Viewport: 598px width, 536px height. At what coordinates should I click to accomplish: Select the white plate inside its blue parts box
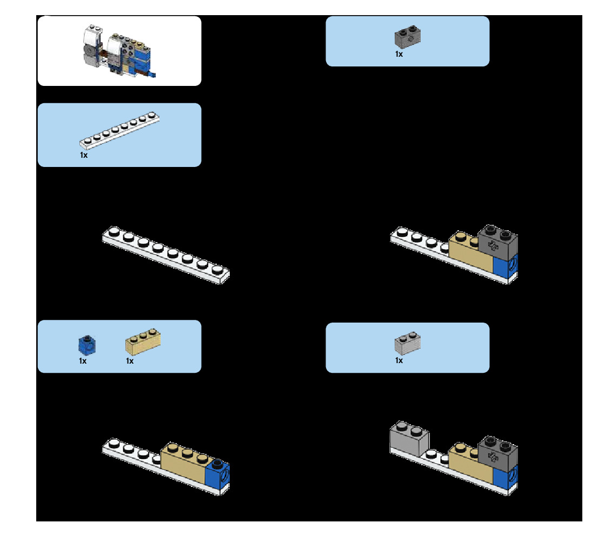(x=119, y=131)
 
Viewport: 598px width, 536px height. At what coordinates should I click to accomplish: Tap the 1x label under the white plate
(x=84, y=155)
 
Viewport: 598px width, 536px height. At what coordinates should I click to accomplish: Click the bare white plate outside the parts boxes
(x=166, y=254)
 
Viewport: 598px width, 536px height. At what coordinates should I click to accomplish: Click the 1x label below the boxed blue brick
(x=83, y=361)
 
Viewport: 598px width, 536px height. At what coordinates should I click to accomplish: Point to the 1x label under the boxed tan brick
(x=130, y=361)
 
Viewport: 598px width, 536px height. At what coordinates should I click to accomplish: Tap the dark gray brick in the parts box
(x=408, y=36)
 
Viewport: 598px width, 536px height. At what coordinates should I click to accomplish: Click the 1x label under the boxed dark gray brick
(x=399, y=54)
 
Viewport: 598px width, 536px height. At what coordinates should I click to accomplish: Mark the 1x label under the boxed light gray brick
(x=399, y=360)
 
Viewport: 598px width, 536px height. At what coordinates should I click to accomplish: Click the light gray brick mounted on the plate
(x=408, y=438)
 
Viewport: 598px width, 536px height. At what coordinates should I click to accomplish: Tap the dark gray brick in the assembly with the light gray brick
(x=499, y=454)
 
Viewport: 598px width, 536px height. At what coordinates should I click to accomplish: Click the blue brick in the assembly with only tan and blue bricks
(x=218, y=473)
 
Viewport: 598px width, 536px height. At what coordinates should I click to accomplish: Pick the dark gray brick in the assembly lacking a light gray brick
(x=499, y=243)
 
